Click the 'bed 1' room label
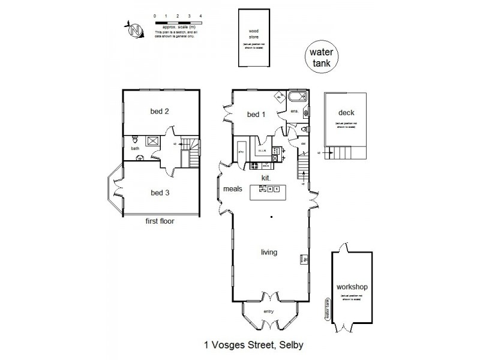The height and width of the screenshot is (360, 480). (x=256, y=115)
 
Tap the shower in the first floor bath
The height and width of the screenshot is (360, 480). (x=152, y=142)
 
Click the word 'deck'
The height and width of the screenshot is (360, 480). (x=346, y=112)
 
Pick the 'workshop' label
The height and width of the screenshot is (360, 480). (x=352, y=287)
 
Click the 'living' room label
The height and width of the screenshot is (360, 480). (x=269, y=253)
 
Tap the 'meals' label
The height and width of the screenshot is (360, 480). (x=233, y=188)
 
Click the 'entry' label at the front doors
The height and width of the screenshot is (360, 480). (x=269, y=311)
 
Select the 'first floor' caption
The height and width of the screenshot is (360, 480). (x=160, y=221)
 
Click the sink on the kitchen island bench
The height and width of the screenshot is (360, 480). (x=263, y=188)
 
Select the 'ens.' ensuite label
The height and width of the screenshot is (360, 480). (x=295, y=112)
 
